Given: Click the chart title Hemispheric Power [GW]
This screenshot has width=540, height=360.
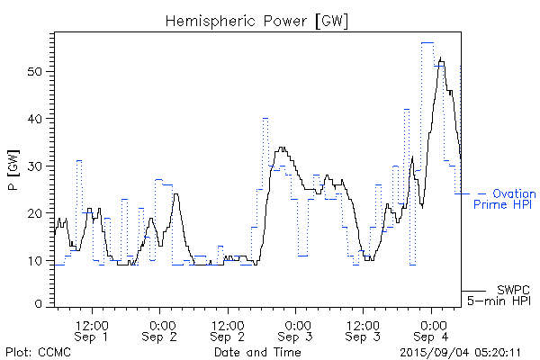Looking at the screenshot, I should pyautogui.click(x=257, y=20).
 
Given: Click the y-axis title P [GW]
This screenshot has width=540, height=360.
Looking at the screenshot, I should pyautogui.click(x=13, y=167).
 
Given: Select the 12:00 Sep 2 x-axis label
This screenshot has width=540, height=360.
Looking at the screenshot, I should pyautogui.click(x=228, y=330).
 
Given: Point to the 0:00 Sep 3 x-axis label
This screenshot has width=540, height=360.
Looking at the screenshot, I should pyautogui.click(x=296, y=330).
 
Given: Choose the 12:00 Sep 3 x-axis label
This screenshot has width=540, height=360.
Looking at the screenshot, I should pyautogui.click(x=364, y=330).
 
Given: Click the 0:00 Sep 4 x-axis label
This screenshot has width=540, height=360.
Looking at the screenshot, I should pyautogui.click(x=432, y=330).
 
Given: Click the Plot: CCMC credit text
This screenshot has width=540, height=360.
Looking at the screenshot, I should pyautogui.click(x=38, y=352).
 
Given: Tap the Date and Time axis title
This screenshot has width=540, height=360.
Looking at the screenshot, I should pyautogui.click(x=257, y=352).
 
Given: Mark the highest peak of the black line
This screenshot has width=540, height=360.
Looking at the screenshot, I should pyautogui.click(x=440, y=58).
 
